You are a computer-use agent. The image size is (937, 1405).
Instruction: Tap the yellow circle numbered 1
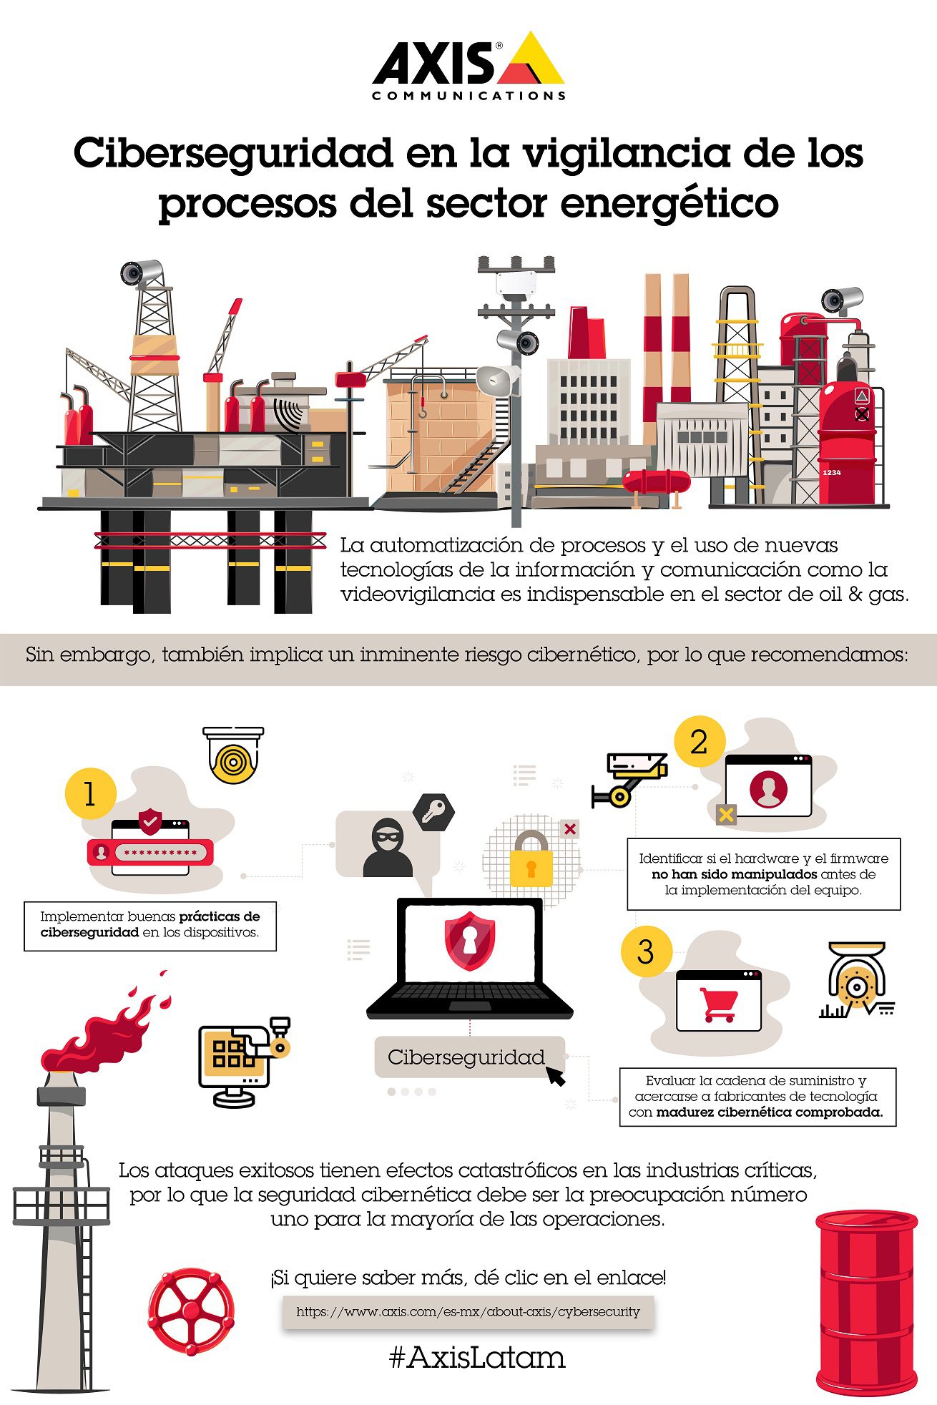pyautogui.click(x=90, y=793)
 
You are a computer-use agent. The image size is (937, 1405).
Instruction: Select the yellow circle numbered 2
pyautogui.click(x=699, y=741)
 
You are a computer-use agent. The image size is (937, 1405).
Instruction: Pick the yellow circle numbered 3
pyautogui.click(x=646, y=951)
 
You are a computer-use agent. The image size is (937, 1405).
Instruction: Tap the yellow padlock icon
pyautogui.click(x=531, y=858)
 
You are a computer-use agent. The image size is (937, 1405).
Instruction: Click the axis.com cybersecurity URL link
pyautogui.click(x=468, y=1311)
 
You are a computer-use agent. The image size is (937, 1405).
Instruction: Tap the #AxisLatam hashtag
pyautogui.click(x=477, y=1357)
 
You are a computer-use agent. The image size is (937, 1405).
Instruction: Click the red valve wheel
pyautogui.click(x=191, y=1311)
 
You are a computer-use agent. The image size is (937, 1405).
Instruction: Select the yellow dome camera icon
pyautogui.click(x=233, y=755)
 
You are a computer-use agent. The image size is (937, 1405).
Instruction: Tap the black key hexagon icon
pyautogui.click(x=433, y=812)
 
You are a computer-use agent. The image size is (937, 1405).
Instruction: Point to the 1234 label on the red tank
pyautogui.click(x=831, y=473)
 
